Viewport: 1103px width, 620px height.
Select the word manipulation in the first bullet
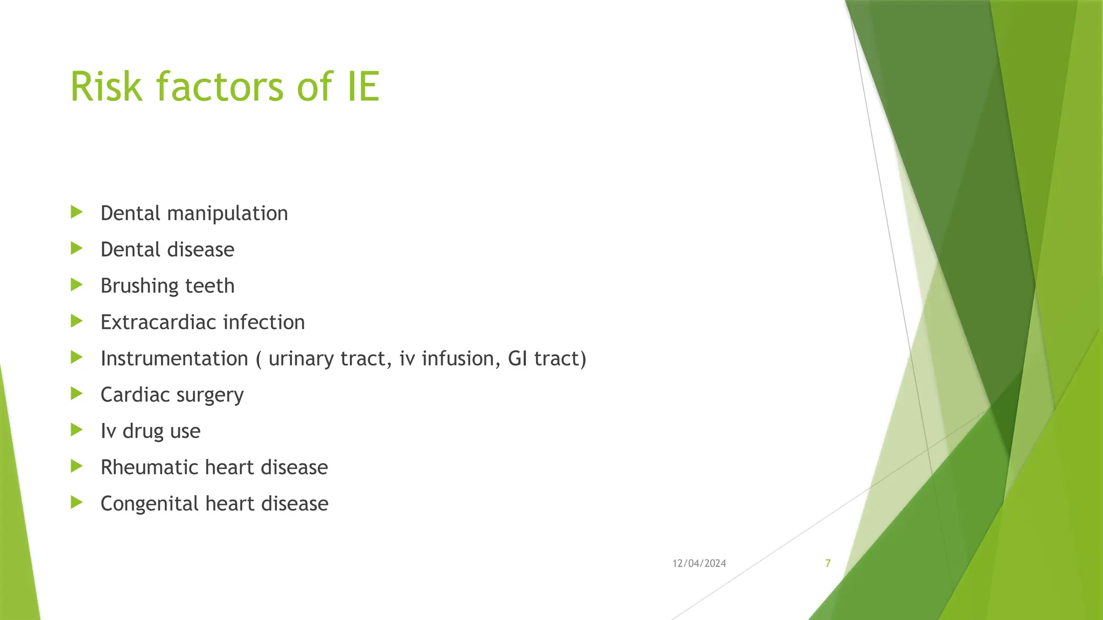[x=227, y=214]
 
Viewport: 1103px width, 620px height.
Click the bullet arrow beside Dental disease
[x=76, y=249]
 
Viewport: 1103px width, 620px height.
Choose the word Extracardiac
[x=158, y=322]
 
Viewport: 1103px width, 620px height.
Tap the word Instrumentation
[x=174, y=358]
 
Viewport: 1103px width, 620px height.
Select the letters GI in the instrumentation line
[x=518, y=358]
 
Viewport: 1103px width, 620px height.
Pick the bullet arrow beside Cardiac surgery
[x=76, y=394]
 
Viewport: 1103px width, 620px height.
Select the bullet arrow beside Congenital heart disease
[x=76, y=503]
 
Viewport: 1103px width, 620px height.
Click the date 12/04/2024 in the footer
[x=699, y=563]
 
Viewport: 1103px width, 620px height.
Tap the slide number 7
[x=828, y=563]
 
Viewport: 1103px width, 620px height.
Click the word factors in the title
[x=220, y=87]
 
